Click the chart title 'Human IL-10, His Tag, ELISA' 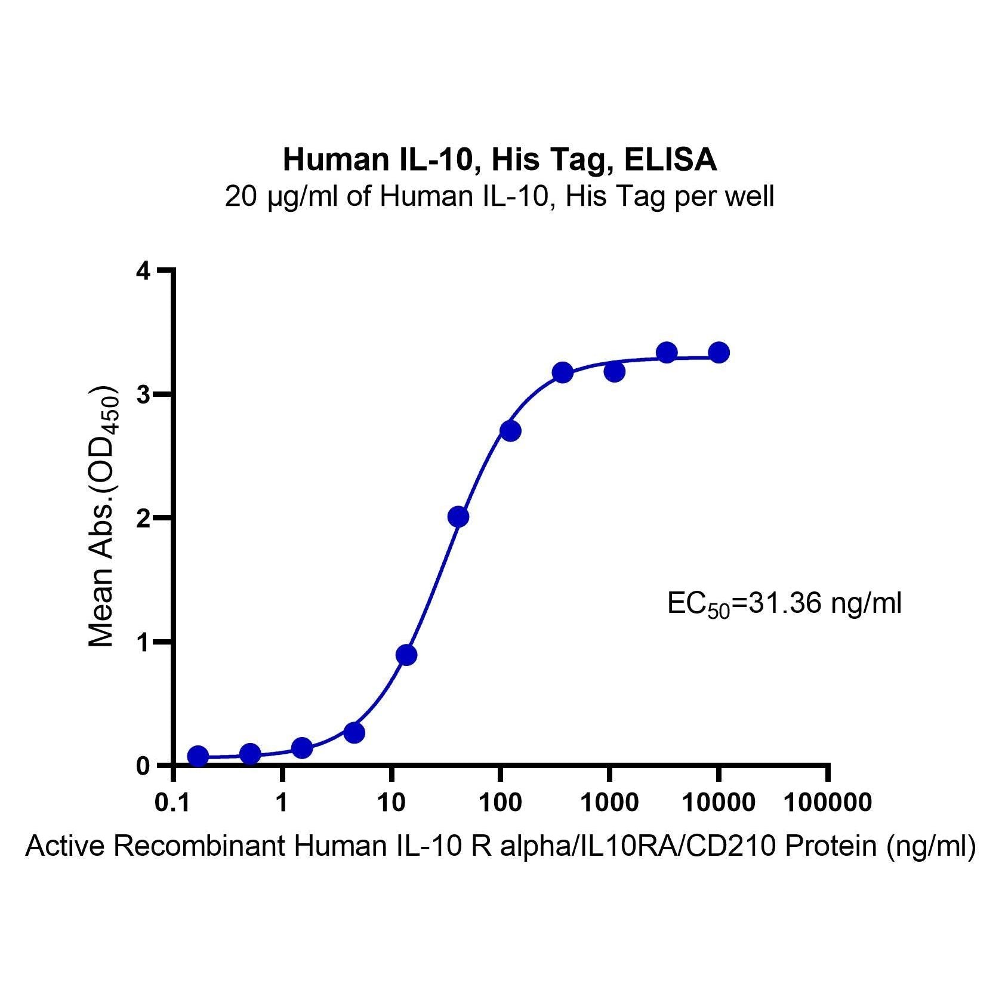(500, 160)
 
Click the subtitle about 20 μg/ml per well (500, 196)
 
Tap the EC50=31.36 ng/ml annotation (784, 605)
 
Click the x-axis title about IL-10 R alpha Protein (500, 847)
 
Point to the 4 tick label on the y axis (143, 271)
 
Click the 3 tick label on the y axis (143, 394)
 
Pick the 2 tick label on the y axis (143, 518)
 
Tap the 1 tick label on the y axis (143, 642)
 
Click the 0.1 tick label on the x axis (173, 803)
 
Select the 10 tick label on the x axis (391, 803)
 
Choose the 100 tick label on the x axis (500, 803)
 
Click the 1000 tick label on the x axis (609, 803)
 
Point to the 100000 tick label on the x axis (827, 803)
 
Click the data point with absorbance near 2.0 (458, 517)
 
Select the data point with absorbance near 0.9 (406, 655)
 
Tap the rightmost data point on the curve (719, 353)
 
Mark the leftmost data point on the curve (198, 756)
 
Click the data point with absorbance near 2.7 (510, 431)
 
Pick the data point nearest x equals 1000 (614, 372)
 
